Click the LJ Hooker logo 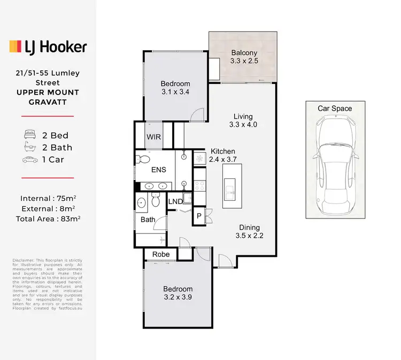pos(48,47)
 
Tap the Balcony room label pos(244,57)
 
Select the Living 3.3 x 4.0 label pos(243,121)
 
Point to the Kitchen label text pos(222,151)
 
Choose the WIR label pos(153,136)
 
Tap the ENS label pos(159,170)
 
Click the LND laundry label pos(175,201)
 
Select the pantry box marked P pos(198,216)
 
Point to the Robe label pos(161,254)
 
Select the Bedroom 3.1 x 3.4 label pos(176,88)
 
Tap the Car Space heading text pos(335,108)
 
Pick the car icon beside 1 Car pos(30,160)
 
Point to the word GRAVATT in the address pos(48,102)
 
